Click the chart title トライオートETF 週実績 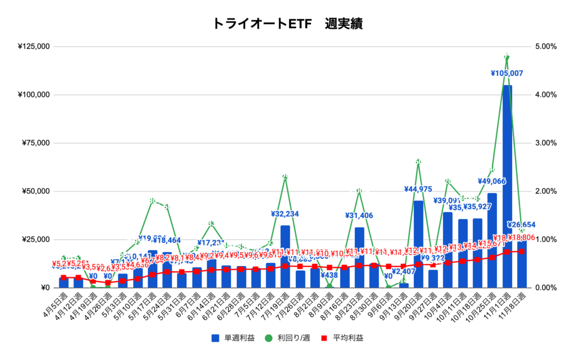pyautogui.click(x=287, y=24)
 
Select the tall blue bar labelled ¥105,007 pyautogui.click(x=507, y=185)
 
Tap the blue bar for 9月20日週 pyautogui.click(x=418, y=244)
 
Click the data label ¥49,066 pyautogui.click(x=492, y=181)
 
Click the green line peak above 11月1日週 pyautogui.click(x=507, y=56)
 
